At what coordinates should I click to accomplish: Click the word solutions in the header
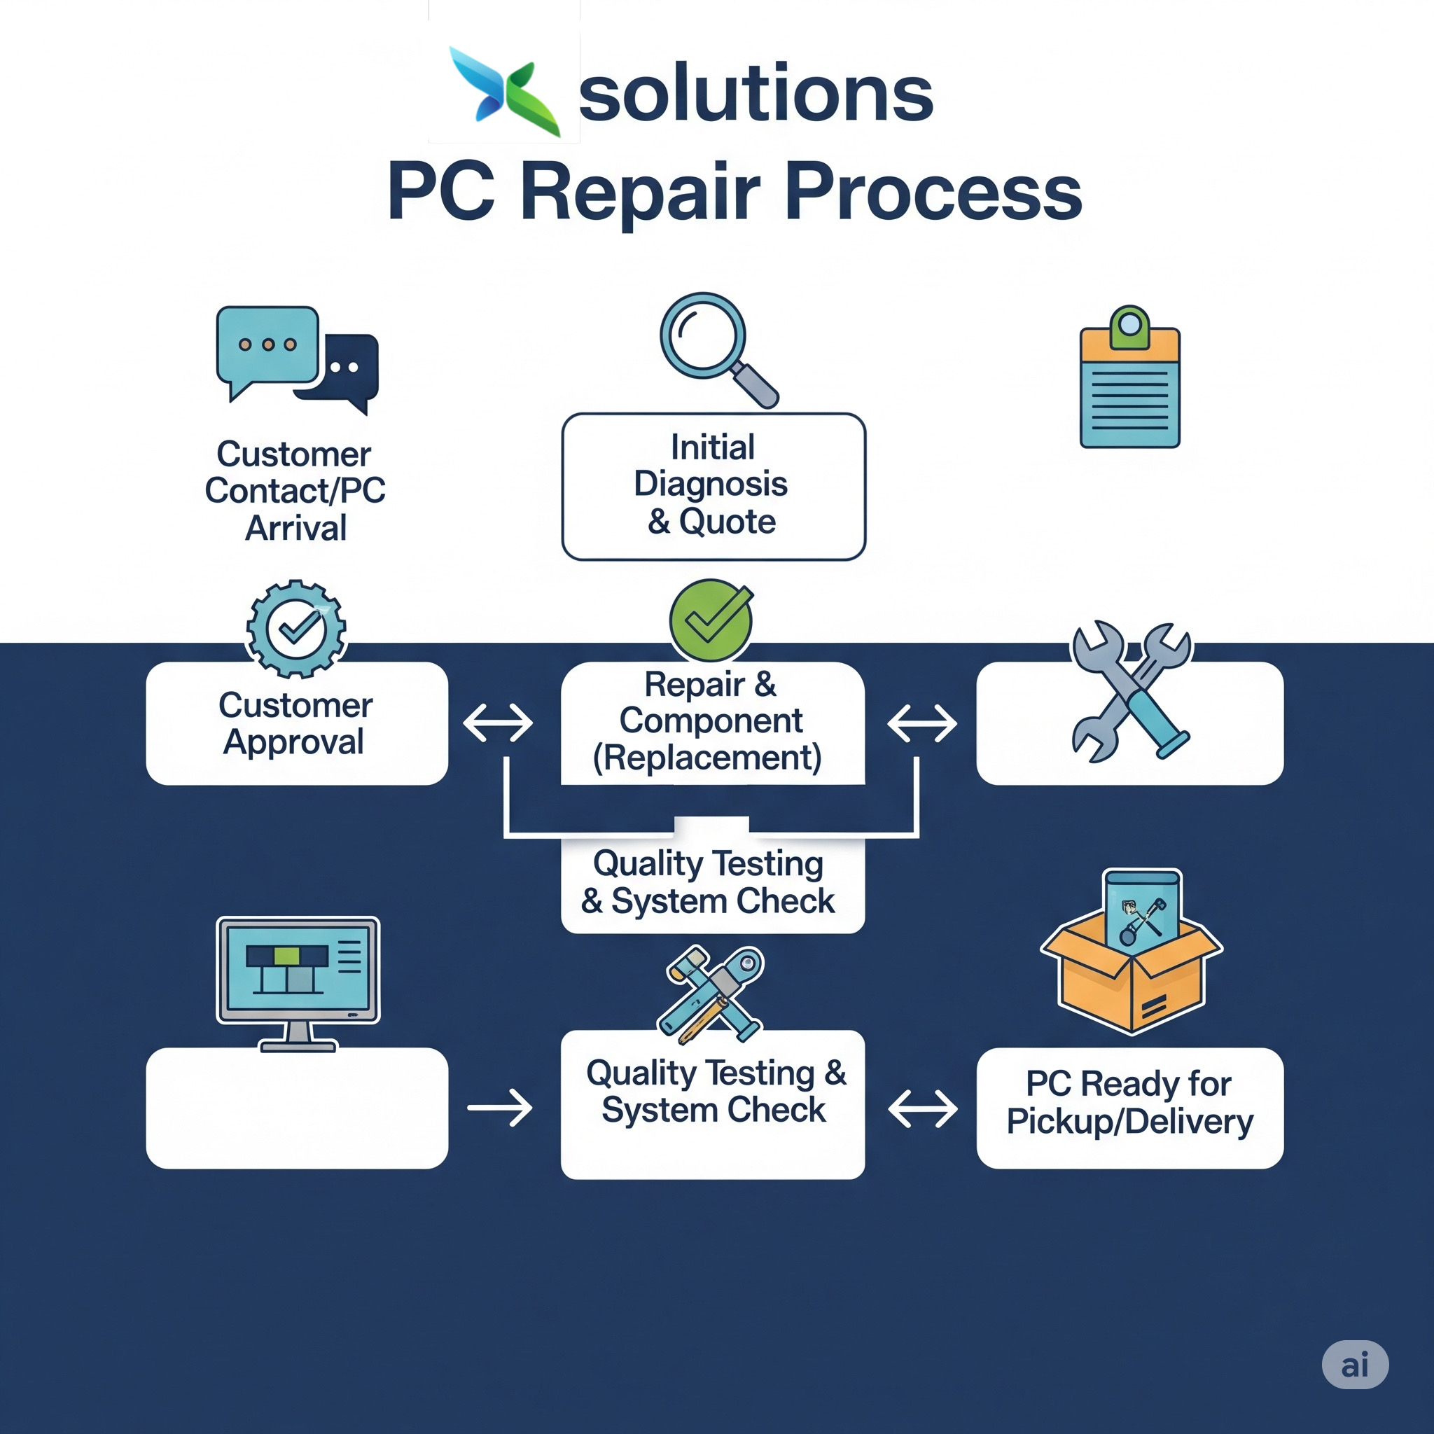pyautogui.click(x=755, y=95)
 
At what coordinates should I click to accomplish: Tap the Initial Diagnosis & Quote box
pyautogui.click(x=713, y=486)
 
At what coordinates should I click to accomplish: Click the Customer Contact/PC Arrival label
pyautogui.click(x=295, y=491)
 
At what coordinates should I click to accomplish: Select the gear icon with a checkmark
pyautogui.click(x=296, y=629)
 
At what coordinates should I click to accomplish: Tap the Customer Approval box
pyautogui.click(x=296, y=724)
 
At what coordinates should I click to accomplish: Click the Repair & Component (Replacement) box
pyautogui.click(x=712, y=722)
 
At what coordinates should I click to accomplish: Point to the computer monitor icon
pyautogui.click(x=298, y=981)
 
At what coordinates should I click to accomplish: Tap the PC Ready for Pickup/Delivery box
pyautogui.click(x=1129, y=1108)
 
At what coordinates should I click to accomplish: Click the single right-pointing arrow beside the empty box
pyautogui.click(x=499, y=1108)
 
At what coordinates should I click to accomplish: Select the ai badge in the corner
pyautogui.click(x=1355, y=1364)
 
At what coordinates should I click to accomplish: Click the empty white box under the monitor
pyautogui.click(x=296, y=1108)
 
